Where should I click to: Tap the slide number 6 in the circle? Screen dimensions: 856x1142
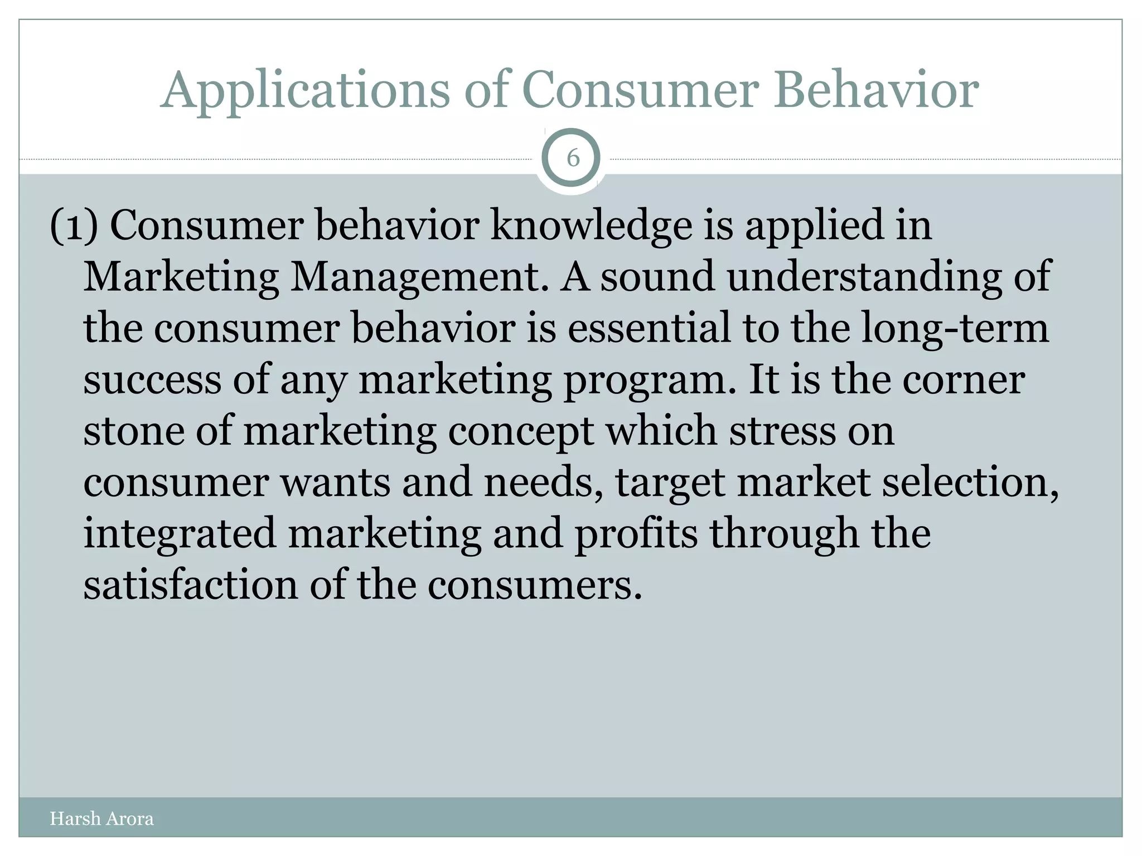coord(573,159)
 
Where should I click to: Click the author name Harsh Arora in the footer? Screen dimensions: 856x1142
coord(101,818)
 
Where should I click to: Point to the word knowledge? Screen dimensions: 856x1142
coord(591,226)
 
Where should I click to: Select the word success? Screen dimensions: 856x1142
coord(152,380)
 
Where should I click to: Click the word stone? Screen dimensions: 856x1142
coord(134,431)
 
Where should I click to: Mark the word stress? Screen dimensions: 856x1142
coord(783,431)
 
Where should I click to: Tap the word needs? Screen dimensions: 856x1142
coord(544,482)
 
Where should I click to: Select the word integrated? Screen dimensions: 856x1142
coord(180,534)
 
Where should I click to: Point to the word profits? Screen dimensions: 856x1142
coord(636,534)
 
